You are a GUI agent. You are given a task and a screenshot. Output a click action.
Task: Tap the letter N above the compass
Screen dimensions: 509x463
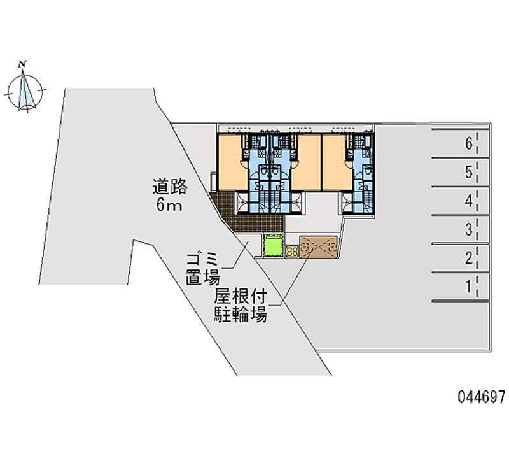click(x=23, y=63)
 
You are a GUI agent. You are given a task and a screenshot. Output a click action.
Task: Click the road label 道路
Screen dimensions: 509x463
click(x=169, y=187)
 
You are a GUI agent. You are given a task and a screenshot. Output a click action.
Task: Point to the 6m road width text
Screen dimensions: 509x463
click(x=169, y=205)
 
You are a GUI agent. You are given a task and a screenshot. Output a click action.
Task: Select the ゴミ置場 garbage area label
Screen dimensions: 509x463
click(x=202, y=268)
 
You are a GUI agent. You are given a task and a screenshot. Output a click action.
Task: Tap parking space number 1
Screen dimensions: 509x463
click(x=468, y=287)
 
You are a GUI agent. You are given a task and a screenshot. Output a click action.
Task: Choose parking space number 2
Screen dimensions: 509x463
click(x=468, y=258)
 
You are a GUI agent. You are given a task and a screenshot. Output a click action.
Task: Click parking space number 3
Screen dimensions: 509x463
click(x=468, y=229)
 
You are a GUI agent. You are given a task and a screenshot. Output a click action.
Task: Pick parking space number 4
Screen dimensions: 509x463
click(x=468, y=201)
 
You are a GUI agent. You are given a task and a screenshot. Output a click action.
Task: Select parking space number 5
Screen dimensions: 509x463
click(x=468, y=172)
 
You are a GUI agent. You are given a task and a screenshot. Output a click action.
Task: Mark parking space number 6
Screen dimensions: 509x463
click(x=468, y=144)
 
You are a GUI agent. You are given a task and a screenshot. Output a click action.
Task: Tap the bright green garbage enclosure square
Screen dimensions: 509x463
click(x=273, y=245)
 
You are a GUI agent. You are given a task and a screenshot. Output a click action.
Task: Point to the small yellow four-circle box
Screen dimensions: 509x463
click(x=293, y=252)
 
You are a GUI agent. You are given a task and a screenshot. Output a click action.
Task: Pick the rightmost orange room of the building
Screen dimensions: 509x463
click(x=335, y=162)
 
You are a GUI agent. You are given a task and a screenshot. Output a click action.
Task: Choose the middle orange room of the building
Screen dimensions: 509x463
click(x=307, y=162)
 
